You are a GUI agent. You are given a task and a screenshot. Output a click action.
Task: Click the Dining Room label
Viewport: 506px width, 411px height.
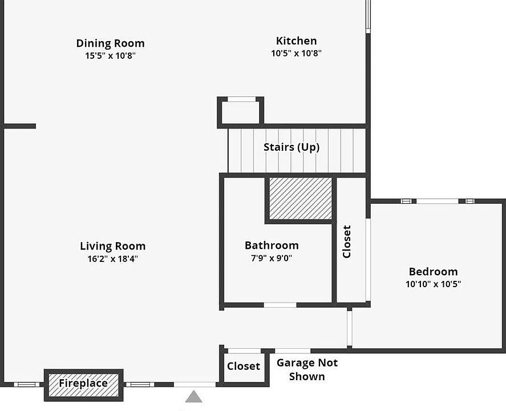pos(110,43)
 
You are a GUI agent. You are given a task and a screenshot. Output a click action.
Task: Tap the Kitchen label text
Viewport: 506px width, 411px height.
pos(296,41)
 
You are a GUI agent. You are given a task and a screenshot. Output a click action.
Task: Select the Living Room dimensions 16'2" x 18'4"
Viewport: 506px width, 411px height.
pos(109,259)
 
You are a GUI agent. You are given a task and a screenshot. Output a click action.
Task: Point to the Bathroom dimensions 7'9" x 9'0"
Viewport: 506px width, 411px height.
pos(272,258)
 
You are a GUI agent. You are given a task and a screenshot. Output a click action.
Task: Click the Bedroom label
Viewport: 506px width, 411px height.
pos(433,272)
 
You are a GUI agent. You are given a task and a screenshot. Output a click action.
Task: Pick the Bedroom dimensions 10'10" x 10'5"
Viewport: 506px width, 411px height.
pos(433,284)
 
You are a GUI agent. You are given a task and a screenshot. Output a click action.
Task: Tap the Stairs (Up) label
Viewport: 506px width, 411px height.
pos(291,147)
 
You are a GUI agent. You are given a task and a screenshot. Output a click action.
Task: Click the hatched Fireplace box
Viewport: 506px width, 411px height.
pos(83,384)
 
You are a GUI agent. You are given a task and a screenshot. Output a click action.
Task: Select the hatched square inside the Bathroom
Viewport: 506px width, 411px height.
pos(301,198)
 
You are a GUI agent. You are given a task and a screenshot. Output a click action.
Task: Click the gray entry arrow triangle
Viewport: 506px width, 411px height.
pos(194,396)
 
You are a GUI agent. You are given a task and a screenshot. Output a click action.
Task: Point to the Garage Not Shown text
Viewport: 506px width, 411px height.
pos(307,369)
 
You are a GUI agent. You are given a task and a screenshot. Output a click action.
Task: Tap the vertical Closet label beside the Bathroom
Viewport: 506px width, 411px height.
pos(347,241)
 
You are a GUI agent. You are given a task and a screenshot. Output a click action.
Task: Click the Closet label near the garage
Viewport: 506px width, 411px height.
pos(244,366)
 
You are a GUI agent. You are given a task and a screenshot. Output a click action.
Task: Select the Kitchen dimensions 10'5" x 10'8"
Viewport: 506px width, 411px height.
pos(296,54)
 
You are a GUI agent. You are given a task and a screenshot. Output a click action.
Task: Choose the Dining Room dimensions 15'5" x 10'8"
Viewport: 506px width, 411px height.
pos(110,56)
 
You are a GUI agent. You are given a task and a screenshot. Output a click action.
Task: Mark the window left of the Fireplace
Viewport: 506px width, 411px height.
pos(26,384)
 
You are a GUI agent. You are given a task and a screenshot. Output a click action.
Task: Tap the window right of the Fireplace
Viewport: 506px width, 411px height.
pos(139,384)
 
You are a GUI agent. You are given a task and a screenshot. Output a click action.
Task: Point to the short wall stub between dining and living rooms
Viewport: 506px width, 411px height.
pos(20,126)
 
